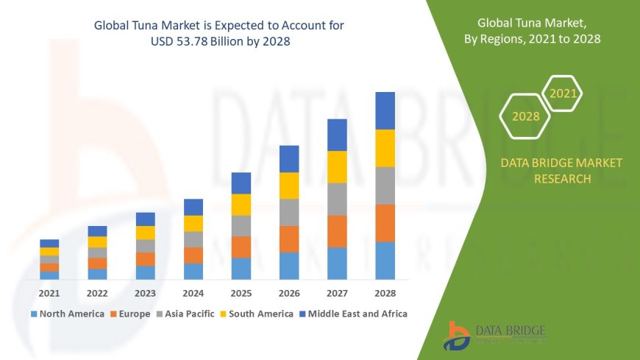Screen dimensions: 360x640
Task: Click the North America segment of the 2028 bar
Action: [x=385, y=261]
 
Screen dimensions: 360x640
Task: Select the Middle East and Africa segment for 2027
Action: [x=337, y=135]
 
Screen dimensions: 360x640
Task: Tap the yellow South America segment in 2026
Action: [x=289, y=186]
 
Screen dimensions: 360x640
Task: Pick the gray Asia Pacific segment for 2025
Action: [x=241, y=225]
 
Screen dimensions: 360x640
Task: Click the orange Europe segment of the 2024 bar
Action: [x=193, y=255]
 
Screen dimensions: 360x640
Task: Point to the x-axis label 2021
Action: [x=49, y=293]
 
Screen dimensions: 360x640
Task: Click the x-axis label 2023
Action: [x=145, y=293]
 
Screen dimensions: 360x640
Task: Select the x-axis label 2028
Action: [x=385, y=293]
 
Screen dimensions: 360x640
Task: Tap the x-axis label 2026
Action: [x=289, y=293]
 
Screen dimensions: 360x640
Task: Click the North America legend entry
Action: [x=67, y=314]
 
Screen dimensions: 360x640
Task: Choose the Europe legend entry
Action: [x=130, y=314]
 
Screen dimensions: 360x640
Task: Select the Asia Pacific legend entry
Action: [x=184, y=314]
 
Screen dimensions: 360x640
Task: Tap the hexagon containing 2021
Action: [x=563, y=93]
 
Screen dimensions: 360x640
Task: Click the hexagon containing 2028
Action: [x=525, y=116]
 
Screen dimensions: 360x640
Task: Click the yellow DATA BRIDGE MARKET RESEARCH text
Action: [x=561, y=171]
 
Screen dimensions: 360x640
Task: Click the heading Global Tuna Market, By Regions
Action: [x=539, y=32]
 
